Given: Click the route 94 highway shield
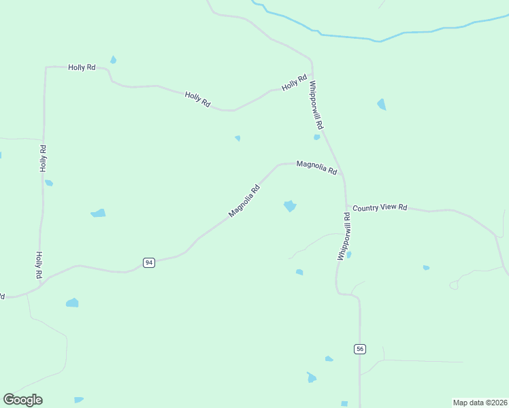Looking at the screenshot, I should tap(149, 262).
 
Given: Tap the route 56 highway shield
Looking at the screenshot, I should tap(360, 349).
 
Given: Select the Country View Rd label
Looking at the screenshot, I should tap(380, 207).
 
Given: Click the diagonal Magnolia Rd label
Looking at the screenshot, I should tap(244, 201).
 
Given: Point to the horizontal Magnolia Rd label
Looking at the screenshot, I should tap(316, 167).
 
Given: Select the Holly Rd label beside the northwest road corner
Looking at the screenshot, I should tap(82, 67).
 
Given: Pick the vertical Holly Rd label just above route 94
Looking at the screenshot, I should tap(39, 265).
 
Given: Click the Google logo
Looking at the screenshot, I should tap(22, 400).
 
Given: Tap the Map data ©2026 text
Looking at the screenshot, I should tap(480, 402).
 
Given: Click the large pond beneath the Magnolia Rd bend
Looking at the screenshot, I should tap(290, 205).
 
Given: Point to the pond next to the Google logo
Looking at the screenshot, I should tap(79, 399).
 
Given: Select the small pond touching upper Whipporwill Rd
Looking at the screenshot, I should tap(316, 137).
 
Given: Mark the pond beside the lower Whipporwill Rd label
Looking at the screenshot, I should tap(349, 255).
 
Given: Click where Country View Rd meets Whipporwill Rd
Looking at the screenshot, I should tap(346, 206).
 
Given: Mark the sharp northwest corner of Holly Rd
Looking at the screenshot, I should tap(46, 68).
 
